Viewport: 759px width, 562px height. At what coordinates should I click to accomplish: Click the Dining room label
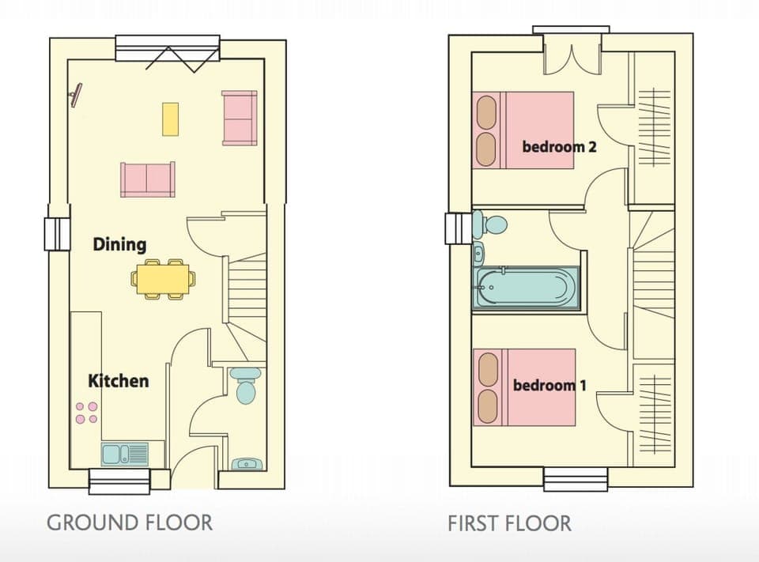(x=119, y=244)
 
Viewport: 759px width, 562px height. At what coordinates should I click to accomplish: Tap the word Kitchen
(x=118, y=381)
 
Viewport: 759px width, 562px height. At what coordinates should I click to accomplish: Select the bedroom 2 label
(x=559, y=146)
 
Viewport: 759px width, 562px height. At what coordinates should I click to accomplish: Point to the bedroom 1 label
(x=549, y=386)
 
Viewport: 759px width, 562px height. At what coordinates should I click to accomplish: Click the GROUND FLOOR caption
(x=129, y=522)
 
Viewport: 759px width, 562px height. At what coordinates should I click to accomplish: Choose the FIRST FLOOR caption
(x=509, y=523)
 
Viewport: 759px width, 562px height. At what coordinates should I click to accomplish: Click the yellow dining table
(x=164, y=278)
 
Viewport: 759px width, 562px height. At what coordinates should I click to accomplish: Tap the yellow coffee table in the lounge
(x=170, y=119)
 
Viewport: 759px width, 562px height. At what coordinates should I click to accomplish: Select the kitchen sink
(x=125, y=454)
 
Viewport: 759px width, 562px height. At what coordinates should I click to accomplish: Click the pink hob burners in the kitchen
(x=86, y=413)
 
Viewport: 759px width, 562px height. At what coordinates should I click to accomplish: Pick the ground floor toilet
(x=247, y=385)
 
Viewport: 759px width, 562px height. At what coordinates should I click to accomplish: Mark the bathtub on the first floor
(x=526, y=287)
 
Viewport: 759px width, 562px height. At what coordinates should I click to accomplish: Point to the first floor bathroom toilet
(x=490, y=224)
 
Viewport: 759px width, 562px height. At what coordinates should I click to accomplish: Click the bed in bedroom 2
(x=523, y=130)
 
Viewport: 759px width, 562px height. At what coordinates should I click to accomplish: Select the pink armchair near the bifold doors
(x=240, y=118)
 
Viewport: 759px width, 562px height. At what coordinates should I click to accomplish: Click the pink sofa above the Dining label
(x=147, y=179)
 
